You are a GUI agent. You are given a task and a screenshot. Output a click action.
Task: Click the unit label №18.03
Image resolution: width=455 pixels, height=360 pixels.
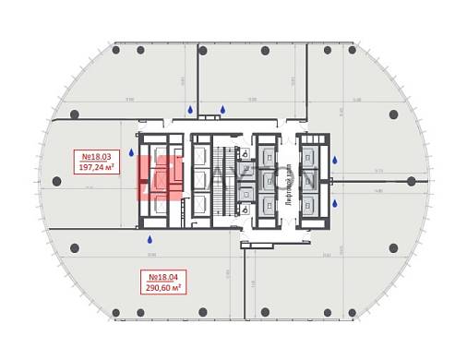96,157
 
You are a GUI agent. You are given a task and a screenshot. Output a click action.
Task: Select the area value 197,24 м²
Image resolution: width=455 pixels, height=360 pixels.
96,168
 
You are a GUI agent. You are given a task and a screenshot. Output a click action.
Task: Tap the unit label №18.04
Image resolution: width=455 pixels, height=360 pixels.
162,276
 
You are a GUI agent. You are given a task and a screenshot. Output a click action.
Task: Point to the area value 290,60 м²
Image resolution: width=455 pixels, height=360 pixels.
162,287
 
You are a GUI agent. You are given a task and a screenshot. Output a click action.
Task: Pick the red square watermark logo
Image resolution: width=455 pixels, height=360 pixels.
159,176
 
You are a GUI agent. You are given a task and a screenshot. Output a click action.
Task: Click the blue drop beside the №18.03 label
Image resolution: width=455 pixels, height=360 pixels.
131,152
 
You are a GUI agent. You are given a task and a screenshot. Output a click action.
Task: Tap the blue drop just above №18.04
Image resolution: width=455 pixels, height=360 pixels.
150,240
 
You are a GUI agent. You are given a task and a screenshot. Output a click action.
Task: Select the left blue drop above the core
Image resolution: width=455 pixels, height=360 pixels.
190,110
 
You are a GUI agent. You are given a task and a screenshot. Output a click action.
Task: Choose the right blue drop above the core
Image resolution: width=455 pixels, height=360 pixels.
222,110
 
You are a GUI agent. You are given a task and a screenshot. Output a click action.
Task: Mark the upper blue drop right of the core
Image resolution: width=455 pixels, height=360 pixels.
334,160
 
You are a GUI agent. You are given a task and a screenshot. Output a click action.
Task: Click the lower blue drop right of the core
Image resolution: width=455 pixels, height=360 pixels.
334,204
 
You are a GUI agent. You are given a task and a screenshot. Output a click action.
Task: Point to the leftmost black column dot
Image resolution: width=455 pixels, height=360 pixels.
57,181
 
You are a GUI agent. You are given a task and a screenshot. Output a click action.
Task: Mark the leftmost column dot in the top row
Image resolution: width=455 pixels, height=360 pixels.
115,51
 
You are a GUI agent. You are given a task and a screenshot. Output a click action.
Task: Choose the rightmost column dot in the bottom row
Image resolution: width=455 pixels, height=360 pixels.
351,312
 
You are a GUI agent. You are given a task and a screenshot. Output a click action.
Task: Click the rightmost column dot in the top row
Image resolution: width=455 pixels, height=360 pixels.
351,51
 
